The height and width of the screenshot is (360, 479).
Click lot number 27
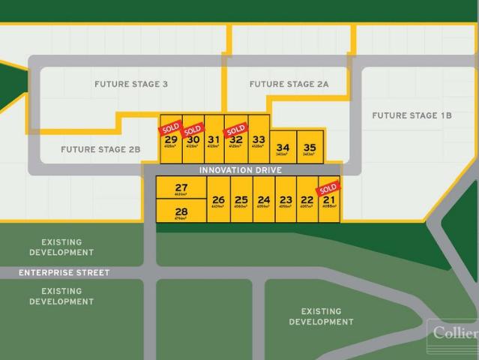click(x=181, y=188)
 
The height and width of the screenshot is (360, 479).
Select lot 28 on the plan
click(x=181, y=211)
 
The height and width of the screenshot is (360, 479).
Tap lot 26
click(x=218, y=199)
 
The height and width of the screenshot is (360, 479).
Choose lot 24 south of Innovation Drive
click(x=263, y=199)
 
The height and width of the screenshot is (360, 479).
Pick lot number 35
click(x=310, y=148)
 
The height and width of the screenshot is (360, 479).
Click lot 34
click(x=283, y=148)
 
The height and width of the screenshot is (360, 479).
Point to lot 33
click(x=259, y=139)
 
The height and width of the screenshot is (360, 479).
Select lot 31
click(x=214, y=139)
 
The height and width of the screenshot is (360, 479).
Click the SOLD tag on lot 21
click(x=328, y=187)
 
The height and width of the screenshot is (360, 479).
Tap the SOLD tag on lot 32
click(x=235, y=128)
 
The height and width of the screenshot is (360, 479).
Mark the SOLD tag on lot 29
click(x=170, y=127)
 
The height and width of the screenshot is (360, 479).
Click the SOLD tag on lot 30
click(x=193, y=128)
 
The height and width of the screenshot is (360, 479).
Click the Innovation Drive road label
click(x=240, y=170)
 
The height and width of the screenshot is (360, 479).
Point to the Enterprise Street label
click(x=64, y=273)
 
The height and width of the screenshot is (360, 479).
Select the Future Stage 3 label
click(x=131, y=84)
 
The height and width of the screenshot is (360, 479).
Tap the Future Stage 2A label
click(x=289, y=84)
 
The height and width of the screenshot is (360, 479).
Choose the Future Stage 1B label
click(x=412, y=115)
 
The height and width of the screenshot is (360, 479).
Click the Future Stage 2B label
click(x=100, y=149)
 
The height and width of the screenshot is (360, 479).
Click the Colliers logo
click(x=453, y=331)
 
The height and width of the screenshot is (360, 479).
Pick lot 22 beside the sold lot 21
click(x=307, y=199)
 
